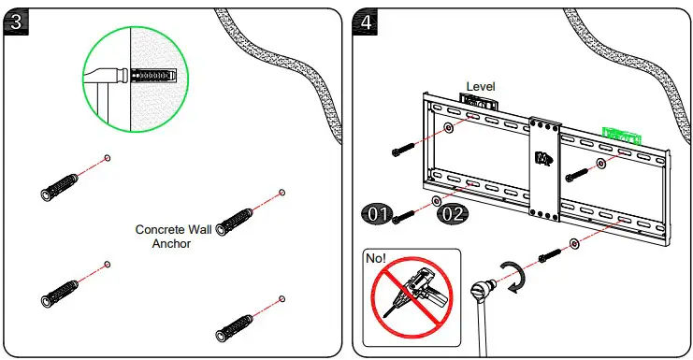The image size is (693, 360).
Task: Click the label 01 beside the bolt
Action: click(378, 214)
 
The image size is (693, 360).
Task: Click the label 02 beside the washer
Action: click(454, 214)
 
